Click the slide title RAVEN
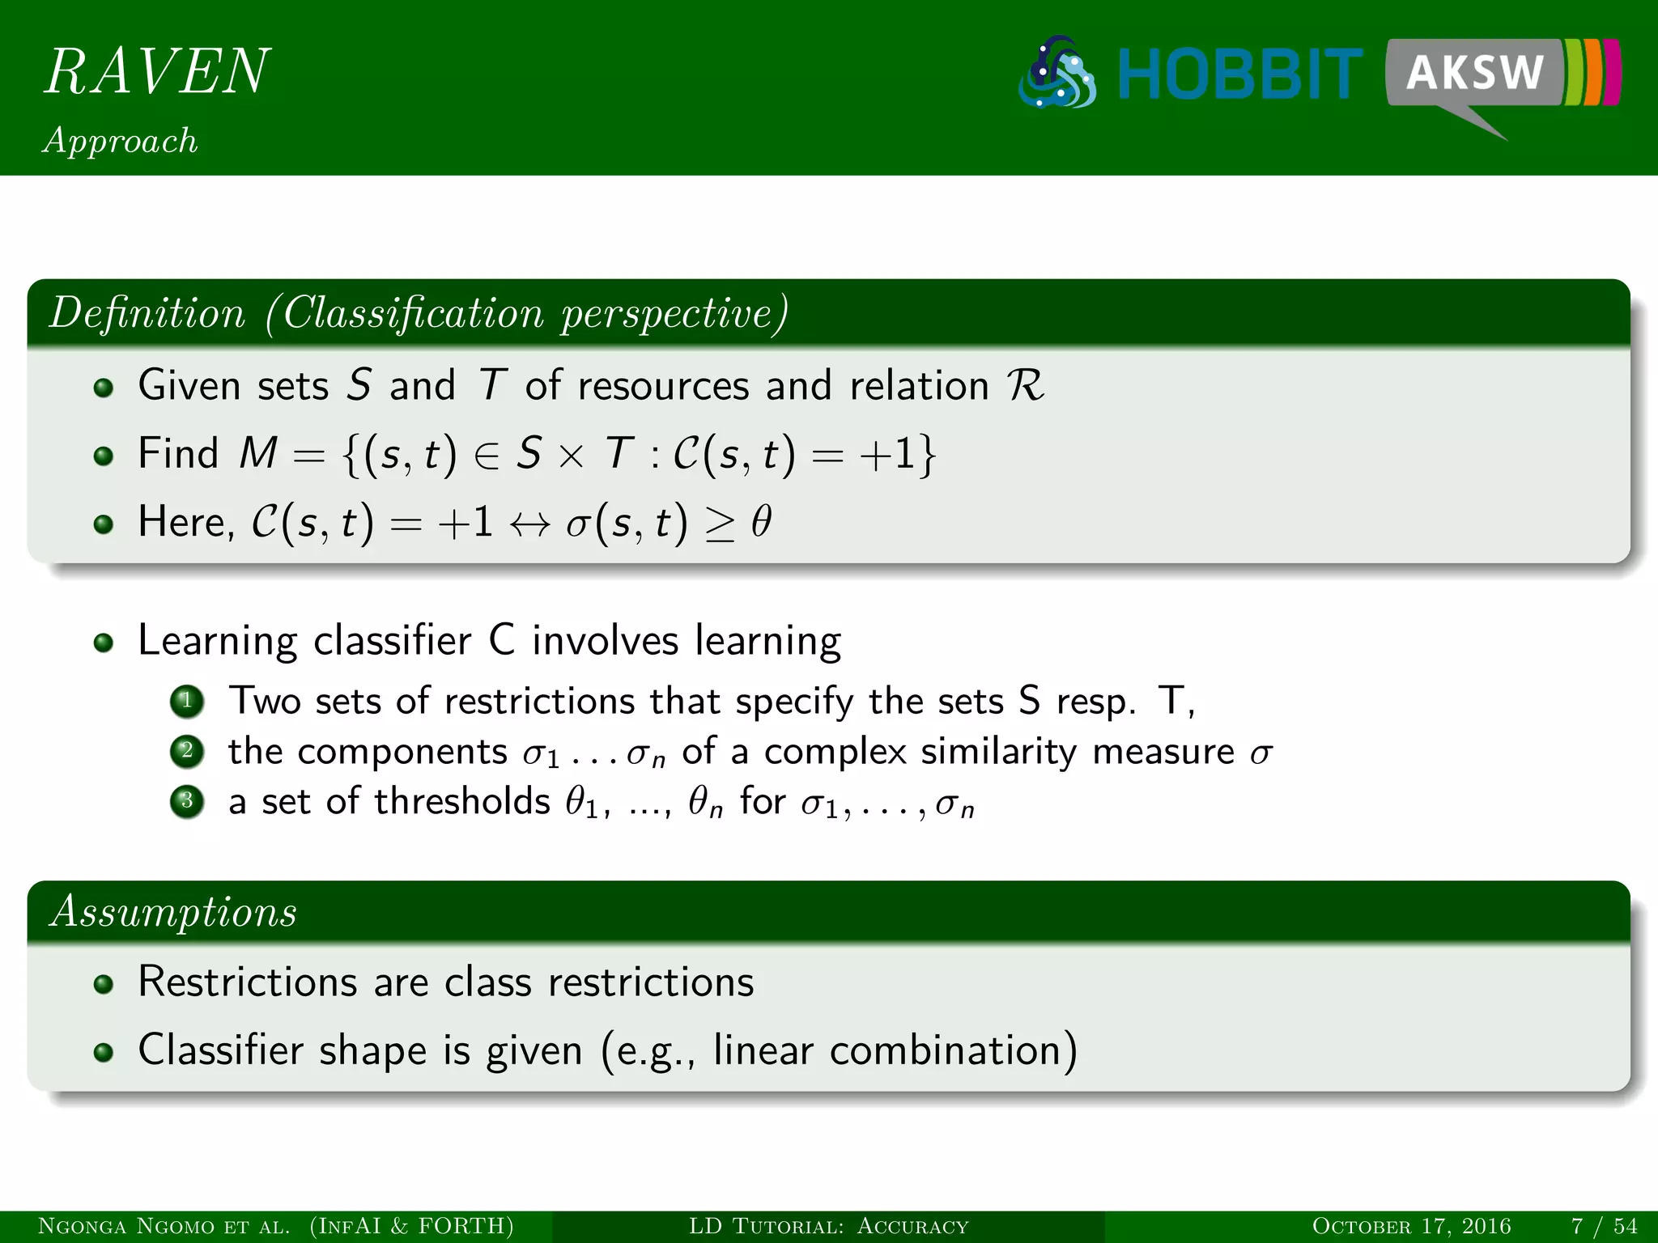pos(156,71)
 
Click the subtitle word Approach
pos(120,141)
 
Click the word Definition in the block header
pos(147,313)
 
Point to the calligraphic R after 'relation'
pos(1025,385)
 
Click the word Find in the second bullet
pos(178,452)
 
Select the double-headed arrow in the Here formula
pos(530,524)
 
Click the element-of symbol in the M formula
pos(487,455)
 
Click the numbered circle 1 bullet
pos(187,701)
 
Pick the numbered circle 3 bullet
pos(187,802)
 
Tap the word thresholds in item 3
pos(461,801)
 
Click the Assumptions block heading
pos(173,912)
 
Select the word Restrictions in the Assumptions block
pos(247,982)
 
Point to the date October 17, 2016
pos(1411,1226)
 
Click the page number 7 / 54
pos(1604,1226)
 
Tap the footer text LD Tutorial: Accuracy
pos(828,1226)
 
